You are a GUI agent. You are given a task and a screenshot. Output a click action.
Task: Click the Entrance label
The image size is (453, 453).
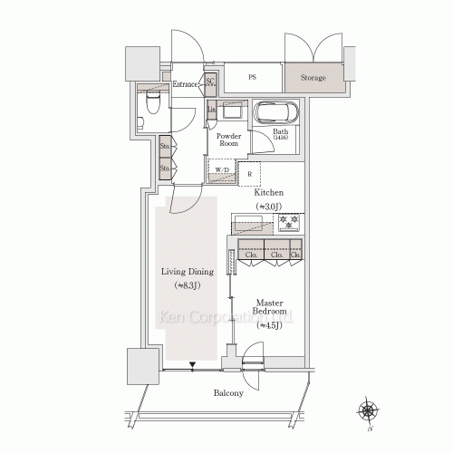(185, 85)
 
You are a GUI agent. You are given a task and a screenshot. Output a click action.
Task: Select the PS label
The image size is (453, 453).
(252, 78)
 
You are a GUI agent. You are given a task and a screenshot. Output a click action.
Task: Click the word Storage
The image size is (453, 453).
(314, 78)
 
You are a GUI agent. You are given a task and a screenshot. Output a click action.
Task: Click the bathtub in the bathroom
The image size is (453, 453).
(275, 112)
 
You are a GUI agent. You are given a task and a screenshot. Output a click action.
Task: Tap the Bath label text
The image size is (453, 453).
(281, 132)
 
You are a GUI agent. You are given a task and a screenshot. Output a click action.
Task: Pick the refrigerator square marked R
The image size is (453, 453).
(249, 172)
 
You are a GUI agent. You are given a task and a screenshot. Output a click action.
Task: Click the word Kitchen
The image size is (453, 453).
(269, 193)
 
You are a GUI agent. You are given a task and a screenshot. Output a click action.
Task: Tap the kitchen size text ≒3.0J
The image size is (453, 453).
(269, 207)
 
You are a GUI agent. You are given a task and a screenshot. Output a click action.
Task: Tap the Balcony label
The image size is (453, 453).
(228, 393)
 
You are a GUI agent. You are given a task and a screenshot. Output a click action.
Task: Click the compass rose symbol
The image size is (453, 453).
(370, 411)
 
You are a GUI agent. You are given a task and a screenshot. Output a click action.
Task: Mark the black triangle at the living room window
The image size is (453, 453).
(192, 367)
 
